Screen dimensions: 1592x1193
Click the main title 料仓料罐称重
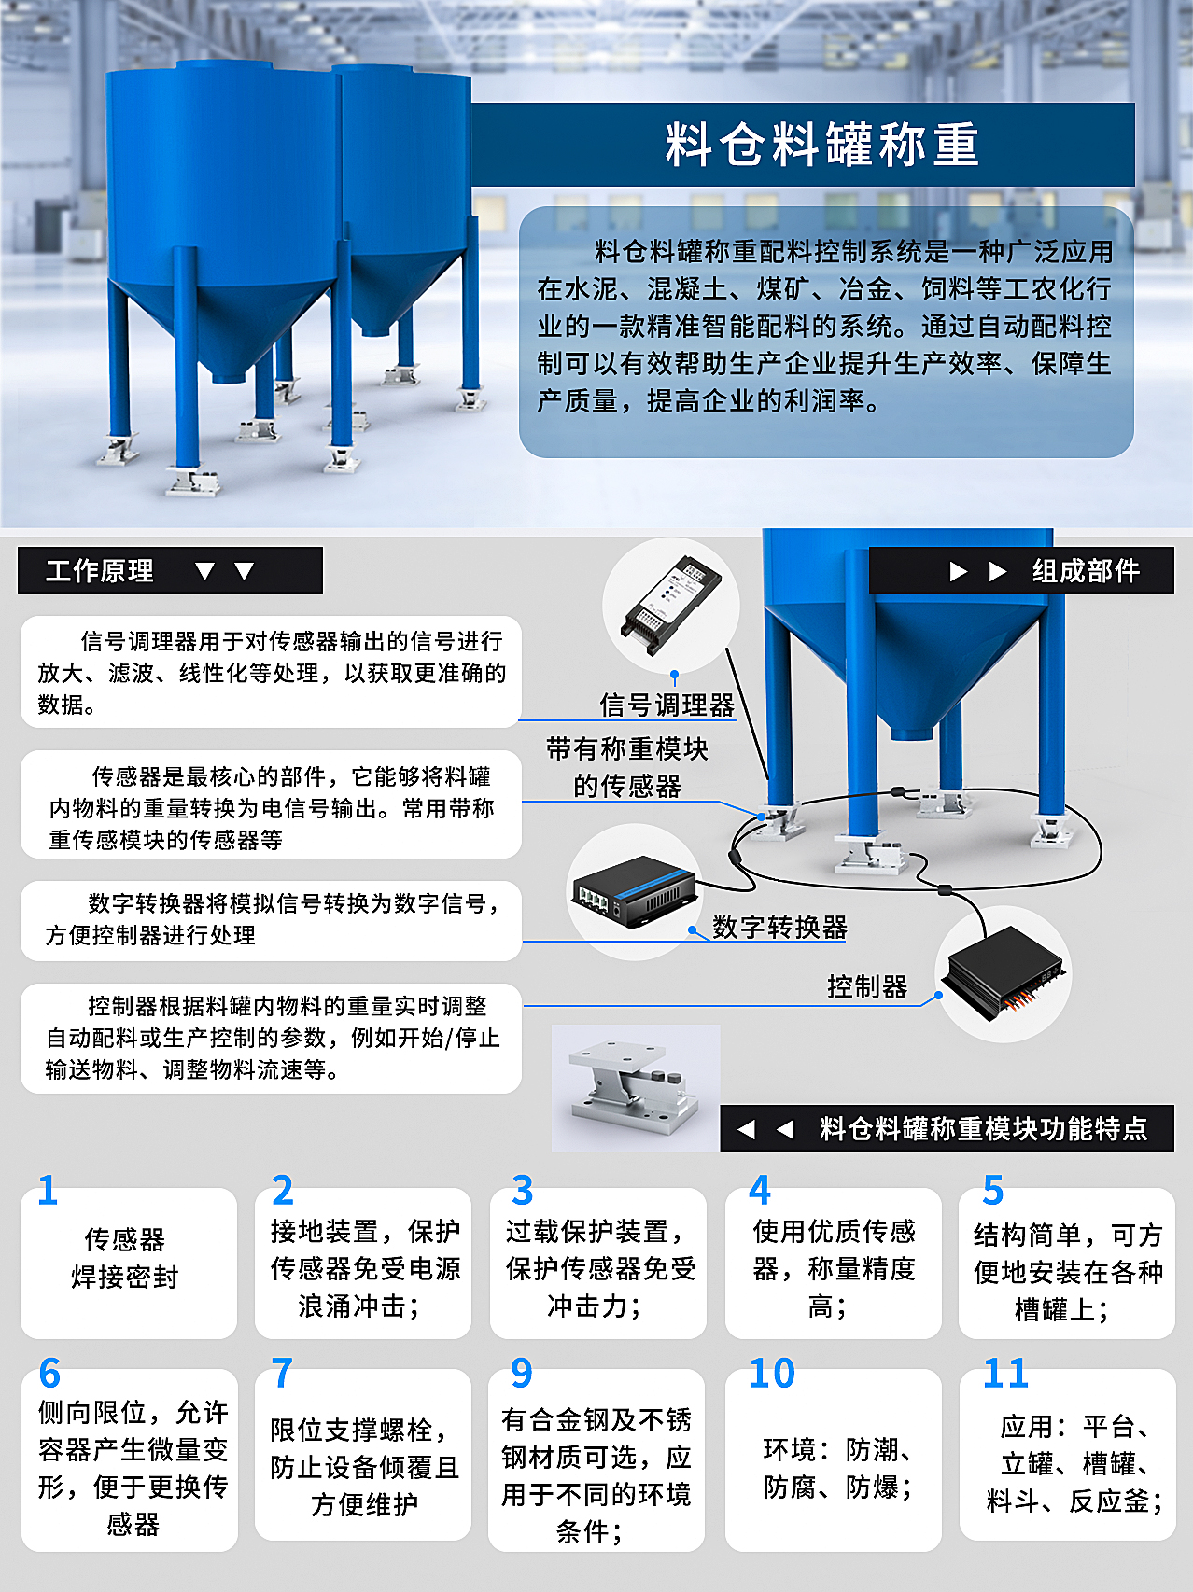point(821,146)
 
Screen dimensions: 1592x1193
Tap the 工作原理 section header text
point(100,571)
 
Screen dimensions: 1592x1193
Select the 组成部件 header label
point(1086,571)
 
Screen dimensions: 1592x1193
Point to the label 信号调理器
point(667,705)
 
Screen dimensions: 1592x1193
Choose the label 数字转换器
point(779,927)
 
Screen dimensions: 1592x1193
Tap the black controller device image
point(1004,972)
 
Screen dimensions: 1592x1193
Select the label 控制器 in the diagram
point(867,986)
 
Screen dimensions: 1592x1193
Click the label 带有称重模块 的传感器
point(627,767)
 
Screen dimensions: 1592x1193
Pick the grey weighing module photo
point(635,1088)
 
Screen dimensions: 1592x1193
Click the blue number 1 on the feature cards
point(48,1191)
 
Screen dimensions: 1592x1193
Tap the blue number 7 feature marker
point(282,1373)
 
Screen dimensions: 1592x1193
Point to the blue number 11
point(1005,1373)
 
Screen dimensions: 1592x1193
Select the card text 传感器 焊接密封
point(125,1258)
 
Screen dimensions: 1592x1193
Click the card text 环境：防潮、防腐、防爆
point(836,1468)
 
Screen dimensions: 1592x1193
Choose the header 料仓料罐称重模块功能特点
point(983,1129)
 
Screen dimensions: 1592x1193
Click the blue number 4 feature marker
point(760,1191)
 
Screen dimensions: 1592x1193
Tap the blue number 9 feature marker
point(522,1373)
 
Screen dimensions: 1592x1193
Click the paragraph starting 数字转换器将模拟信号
point(271,919)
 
